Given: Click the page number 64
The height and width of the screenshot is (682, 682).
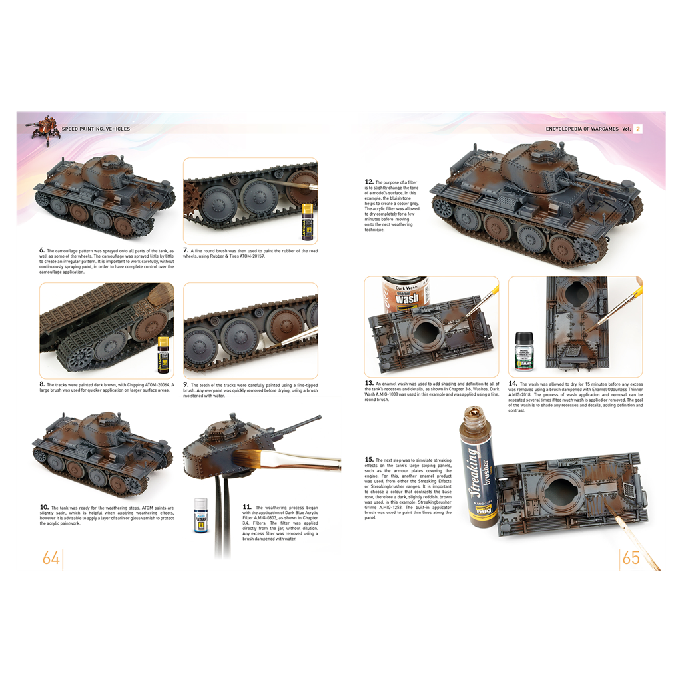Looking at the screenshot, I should (x=51, y=557).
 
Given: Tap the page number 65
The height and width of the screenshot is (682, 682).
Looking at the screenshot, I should (x=631, y=557).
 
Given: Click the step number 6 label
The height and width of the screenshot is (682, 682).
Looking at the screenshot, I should (x=42, y=251).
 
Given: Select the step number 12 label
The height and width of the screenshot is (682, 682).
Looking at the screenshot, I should (x=368, y=182).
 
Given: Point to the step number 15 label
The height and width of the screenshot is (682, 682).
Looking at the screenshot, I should (x=368, y=460).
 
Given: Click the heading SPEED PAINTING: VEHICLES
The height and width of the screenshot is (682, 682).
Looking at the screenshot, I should (x=96, y=129).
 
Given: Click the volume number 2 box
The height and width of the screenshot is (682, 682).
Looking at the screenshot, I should (x=637, y=129).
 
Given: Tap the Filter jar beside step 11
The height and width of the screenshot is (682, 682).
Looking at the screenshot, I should (x=200, y=517).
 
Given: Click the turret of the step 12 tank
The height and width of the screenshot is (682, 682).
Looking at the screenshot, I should (x=531, y=164).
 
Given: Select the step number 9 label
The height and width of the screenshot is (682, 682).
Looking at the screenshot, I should (x=186, y=385).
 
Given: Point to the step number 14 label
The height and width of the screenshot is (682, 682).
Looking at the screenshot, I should (x=513, y=384).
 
